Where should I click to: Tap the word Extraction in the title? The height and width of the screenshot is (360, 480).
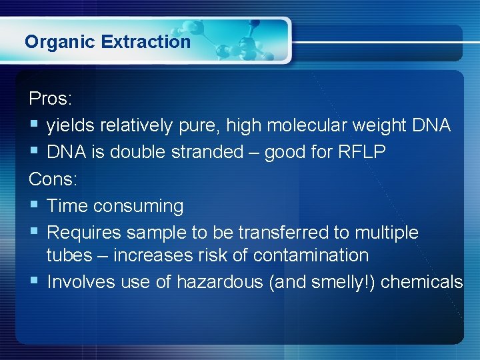point(146,42)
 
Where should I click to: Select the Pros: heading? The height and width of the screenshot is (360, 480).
point(51,99)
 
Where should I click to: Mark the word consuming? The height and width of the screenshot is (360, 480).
point(138,207)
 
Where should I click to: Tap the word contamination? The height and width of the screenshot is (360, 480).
point(311,255)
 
